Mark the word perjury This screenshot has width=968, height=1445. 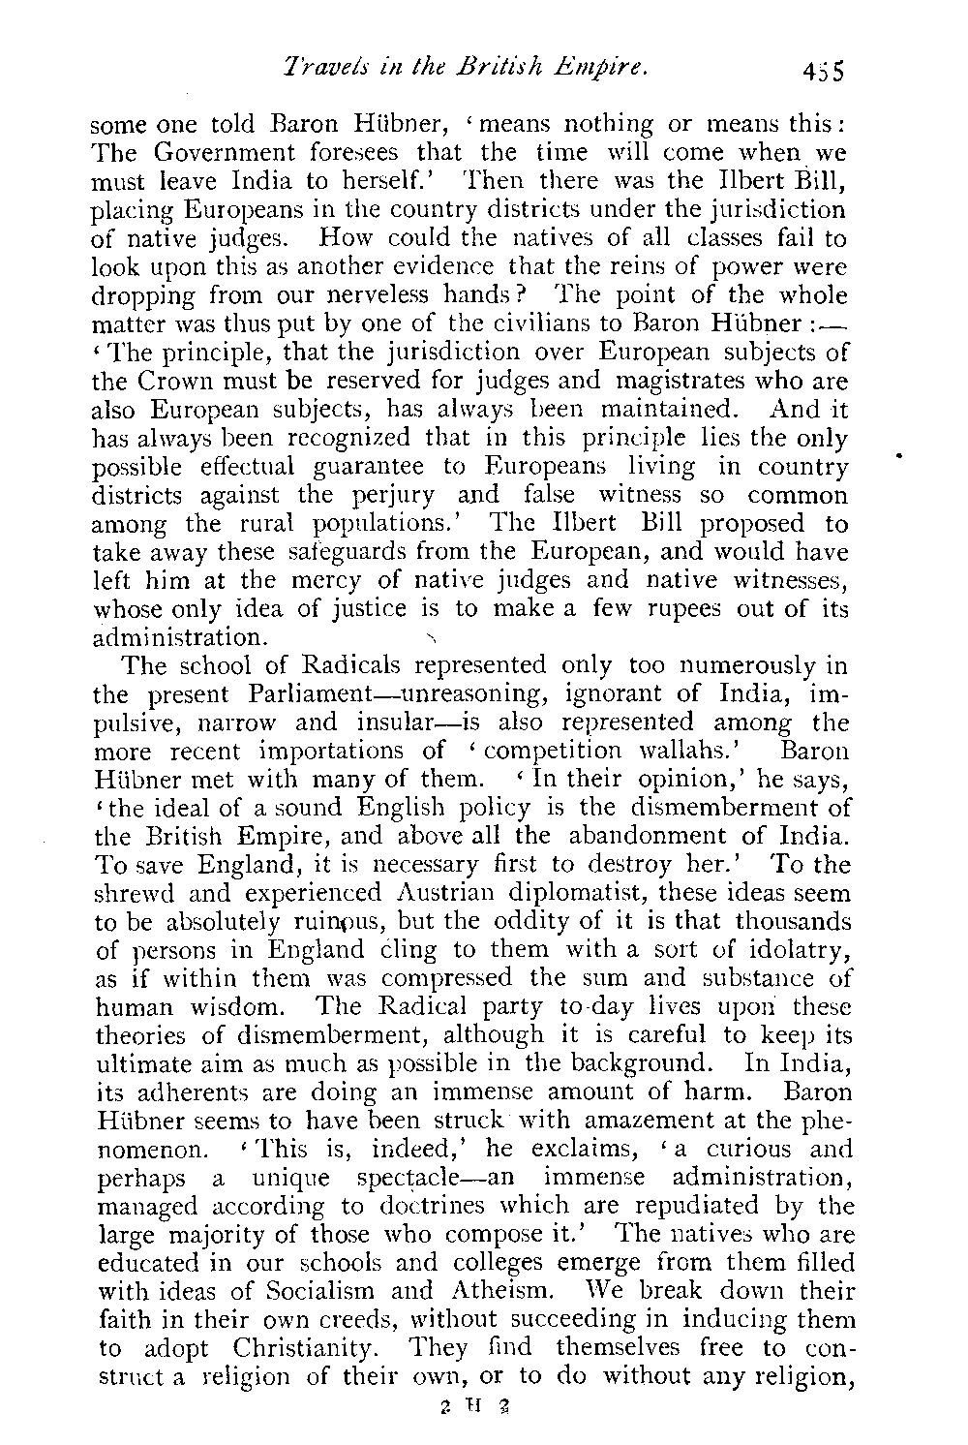[399, 495]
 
